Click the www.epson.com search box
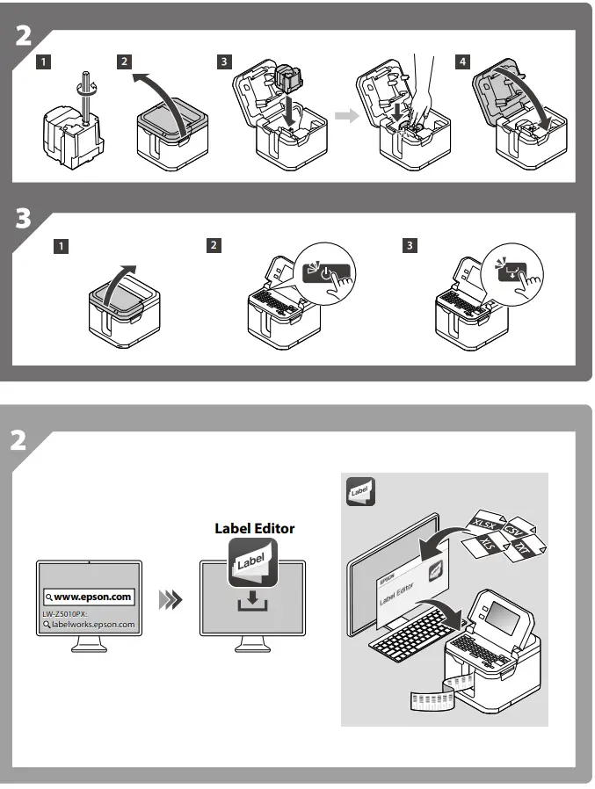(x=88, y=597)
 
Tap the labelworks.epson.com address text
(x=91, y=625)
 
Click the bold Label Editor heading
(x=255, y=528)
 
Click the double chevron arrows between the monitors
(x=170, y=600)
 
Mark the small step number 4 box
(x=463, y=62)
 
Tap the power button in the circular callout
(x=327, y=271)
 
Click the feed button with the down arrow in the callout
(x=508, y=271)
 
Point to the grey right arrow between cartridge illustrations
(x=349, y=117)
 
